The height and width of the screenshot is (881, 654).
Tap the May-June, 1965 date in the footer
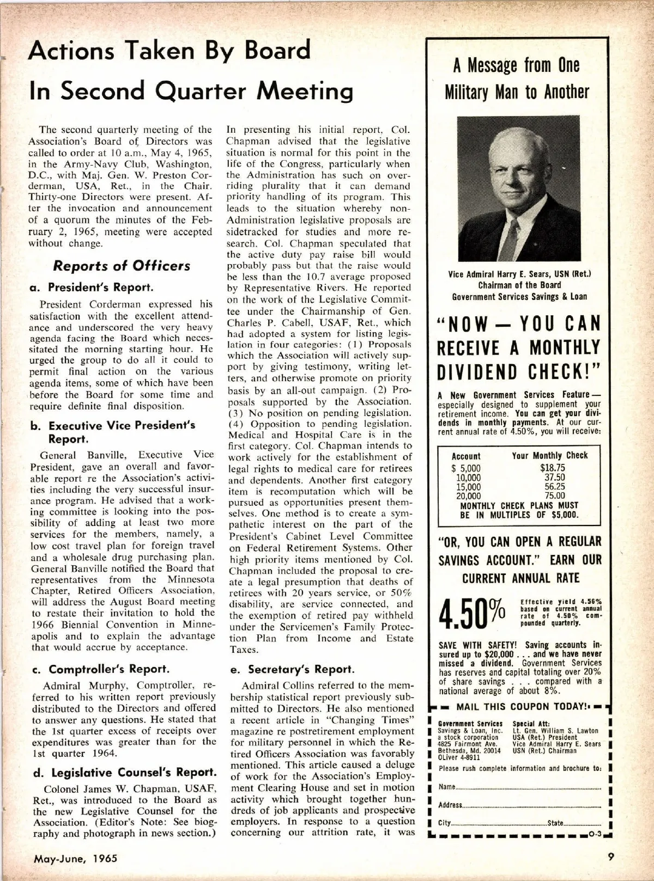tap(76, 859)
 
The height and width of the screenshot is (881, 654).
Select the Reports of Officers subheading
tap(122, 266)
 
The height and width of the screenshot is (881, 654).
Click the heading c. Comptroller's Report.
tap(101, 669)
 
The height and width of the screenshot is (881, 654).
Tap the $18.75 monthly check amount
tap(552, 468)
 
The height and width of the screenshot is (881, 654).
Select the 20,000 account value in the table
tap(468, 496)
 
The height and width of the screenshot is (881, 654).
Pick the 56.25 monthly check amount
tap(555, 487)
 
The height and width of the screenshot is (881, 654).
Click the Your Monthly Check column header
tap(549, 456)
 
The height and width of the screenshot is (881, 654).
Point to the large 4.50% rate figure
tap(474, 614)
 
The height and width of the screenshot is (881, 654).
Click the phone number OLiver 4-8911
tap(456, 757)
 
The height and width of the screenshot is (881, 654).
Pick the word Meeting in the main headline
tap(305, 90)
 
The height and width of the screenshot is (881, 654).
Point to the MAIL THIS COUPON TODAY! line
tap(519, 707)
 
